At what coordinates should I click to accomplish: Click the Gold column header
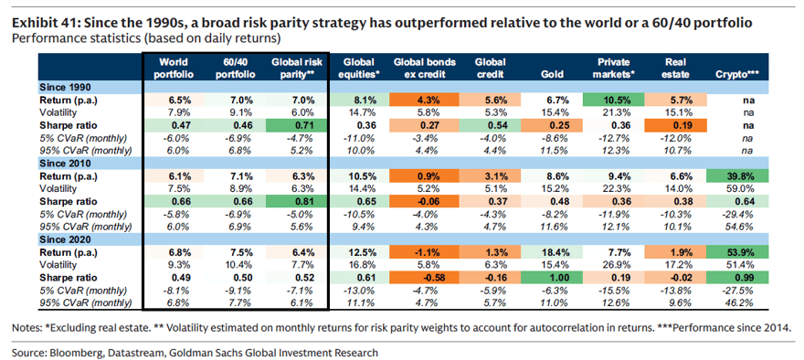pyautogui.click(x=550, y=74)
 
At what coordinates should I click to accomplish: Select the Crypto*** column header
pyautogui.click(x=737, y=74)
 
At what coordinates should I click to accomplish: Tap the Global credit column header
pyautogui.click(x=492, y=68)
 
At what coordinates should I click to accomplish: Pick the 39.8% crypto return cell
pyautogui.click(x=738, y=177)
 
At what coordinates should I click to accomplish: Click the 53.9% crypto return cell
pyautogui.click(x=738, y=254)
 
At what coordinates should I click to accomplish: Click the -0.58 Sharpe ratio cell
pyautogui.click(x=425, y=278)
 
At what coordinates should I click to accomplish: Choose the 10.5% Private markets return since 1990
pyautogui.click(x=613, y=100)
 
